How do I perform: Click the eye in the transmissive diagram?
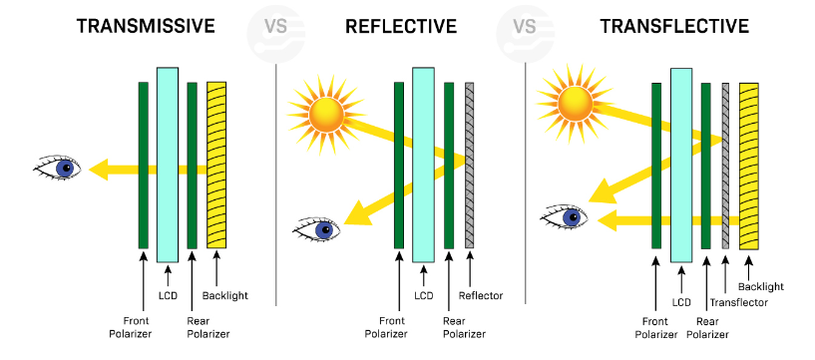[59, 168]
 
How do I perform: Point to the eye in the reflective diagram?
[317, 229]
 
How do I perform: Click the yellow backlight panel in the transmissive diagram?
[215, 165]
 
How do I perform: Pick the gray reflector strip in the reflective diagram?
[469, 165]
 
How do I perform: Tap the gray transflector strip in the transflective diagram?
[725, 165]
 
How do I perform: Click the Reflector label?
[480, 295]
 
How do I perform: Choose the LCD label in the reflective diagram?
[423, 295]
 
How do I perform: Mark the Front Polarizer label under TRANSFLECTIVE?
[655, 328]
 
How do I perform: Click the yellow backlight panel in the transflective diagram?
[748, 165]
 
